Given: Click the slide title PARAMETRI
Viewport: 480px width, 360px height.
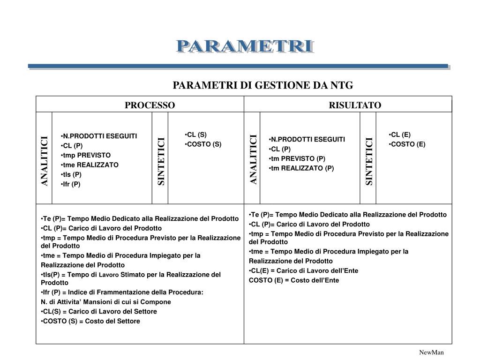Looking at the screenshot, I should [x=245, y=47].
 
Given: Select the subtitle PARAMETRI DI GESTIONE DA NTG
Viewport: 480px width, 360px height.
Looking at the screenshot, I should [x=262, y=85].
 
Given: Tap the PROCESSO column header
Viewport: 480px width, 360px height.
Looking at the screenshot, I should [x=150, y=105].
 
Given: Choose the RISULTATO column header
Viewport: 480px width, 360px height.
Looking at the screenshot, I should [x=355, y=105].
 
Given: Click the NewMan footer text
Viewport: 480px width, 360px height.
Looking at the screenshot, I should [x=431, y=352].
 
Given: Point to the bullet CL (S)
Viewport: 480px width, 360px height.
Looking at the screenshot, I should [x=196, y=135].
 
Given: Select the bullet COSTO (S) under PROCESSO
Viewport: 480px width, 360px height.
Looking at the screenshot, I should [x=204, y=144].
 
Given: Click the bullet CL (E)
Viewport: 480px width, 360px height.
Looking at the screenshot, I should [x=400, y=135].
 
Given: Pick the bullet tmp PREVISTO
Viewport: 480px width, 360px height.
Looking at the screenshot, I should [x=87, y=155].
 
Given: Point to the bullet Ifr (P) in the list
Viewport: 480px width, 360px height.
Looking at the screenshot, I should [x=71, y=184].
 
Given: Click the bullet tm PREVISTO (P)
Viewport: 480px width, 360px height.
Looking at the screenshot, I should [x=298, y=158].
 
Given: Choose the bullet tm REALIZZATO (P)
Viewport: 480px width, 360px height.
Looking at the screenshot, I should [x=302, y=168].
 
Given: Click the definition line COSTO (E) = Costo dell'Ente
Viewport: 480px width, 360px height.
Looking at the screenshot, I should [x=294, y=280].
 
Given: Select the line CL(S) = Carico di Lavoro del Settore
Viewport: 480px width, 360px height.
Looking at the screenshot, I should [x=100, y=311].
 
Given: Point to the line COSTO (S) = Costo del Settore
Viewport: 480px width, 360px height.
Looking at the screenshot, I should [x=91, y=321].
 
